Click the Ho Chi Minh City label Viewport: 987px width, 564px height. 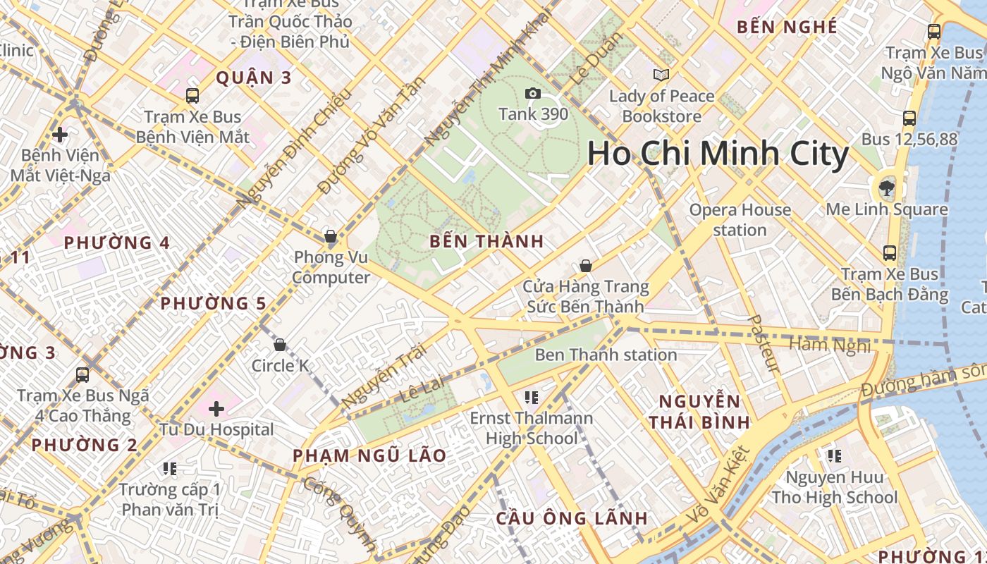[x=718, y=154]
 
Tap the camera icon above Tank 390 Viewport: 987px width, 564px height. [x=533, y=94]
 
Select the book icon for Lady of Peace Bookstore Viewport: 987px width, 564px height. [x=661, y=75]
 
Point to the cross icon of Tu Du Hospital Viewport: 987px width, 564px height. [x=216, y=409]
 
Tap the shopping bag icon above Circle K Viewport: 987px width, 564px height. [x=280, y=345]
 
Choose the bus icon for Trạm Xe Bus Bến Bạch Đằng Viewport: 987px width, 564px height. [x=890, y=253]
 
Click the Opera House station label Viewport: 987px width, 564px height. [x=740, y=220]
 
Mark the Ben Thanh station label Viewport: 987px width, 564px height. [x=606, y=355]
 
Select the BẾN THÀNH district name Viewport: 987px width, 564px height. [x=486, y=241]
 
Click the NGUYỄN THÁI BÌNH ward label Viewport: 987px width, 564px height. [x=699, y=412]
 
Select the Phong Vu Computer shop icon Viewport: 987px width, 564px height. [x=330, y=236]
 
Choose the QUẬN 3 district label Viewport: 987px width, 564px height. [x=253, y=78]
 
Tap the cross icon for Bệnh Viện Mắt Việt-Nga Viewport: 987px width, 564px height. [x=60, y=134]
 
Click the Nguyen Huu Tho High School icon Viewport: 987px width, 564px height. [x=834, y=456]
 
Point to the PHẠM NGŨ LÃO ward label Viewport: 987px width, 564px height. [x=369, y=455]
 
